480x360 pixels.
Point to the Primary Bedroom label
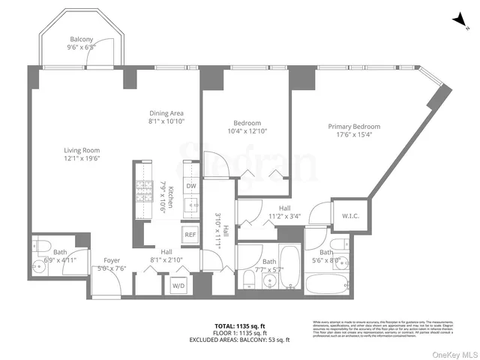(353, 127)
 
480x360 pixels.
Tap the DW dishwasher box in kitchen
(191, 186)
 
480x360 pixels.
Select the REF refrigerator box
(190, 235)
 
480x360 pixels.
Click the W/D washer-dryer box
(178, 285)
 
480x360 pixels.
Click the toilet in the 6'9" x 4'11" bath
(42, 245)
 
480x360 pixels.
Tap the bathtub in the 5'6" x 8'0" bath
(327, 283)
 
